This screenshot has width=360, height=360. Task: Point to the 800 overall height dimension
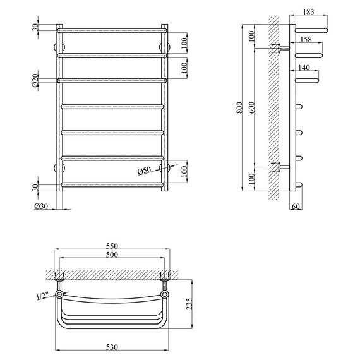pyautogui.click(x=238, y=109)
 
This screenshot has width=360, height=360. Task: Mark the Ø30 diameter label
pyautogui.click(x=40, y=206)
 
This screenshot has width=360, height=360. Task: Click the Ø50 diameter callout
pyautogui.click(x=146, y=171)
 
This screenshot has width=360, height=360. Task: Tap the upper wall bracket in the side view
pyautogui.click(x=279, y=48)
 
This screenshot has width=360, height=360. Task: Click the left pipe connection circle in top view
pyautogui.click(x=59, y=294)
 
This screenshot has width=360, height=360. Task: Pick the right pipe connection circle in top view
pyautogui.click(x=165, y=294)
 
